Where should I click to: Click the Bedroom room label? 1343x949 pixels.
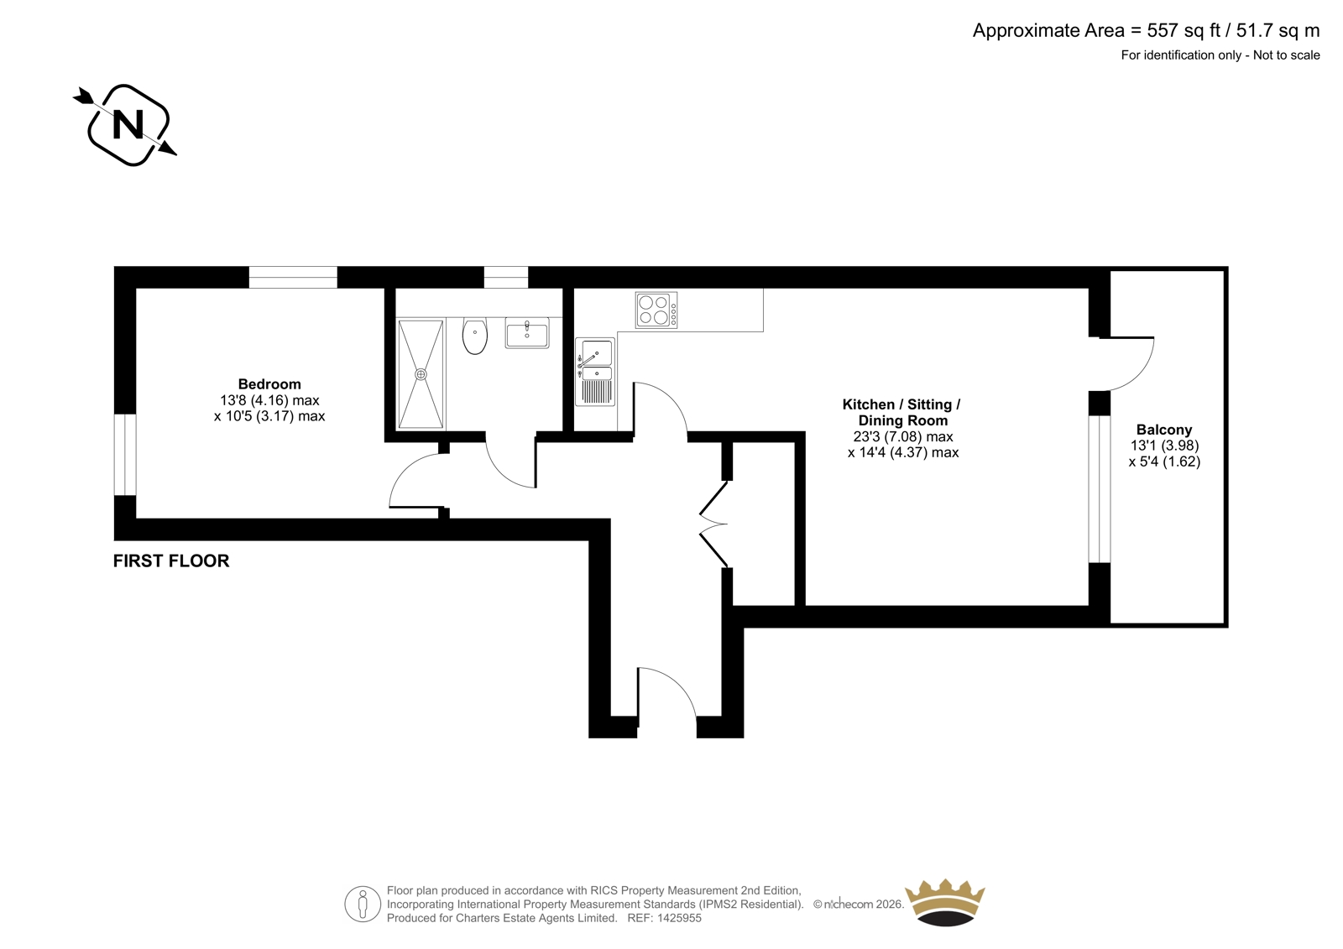(x=269, y=383)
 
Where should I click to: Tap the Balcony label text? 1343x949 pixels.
(x=1164, y=430)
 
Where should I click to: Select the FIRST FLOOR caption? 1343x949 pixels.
(x=171, y=561)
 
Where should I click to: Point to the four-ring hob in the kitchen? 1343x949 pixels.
(x=656, y=310)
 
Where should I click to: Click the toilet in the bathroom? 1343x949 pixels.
(x=475, y=336)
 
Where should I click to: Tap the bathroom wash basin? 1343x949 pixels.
(x=527, y=333)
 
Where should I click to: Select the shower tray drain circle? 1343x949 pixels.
(x=421, y=374)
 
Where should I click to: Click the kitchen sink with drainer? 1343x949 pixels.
(x=595, y=372)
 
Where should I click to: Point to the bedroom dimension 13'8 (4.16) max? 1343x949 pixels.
(x=269, y=400)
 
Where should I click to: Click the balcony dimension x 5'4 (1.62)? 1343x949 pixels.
(x=1164, y=461)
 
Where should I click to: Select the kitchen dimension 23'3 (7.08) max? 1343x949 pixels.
(x=903, y=437)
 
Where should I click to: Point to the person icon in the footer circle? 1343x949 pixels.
(x=362, y=905)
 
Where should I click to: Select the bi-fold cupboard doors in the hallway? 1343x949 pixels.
(x=713, y=524)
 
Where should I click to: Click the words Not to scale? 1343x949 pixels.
(x=1286, y=55)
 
